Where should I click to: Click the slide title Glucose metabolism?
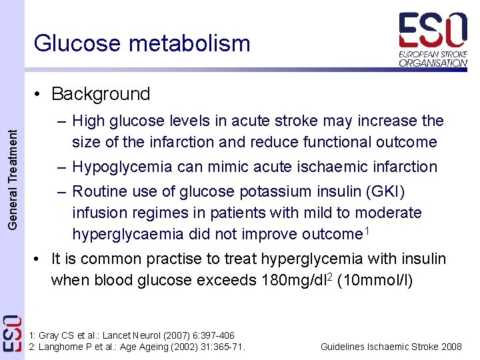click(142, 43)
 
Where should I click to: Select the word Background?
click(101, 94)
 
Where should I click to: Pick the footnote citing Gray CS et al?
click(132, 335)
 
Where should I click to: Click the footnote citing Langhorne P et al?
click(137, 346)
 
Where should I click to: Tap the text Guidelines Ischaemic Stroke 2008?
click(391, 347)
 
